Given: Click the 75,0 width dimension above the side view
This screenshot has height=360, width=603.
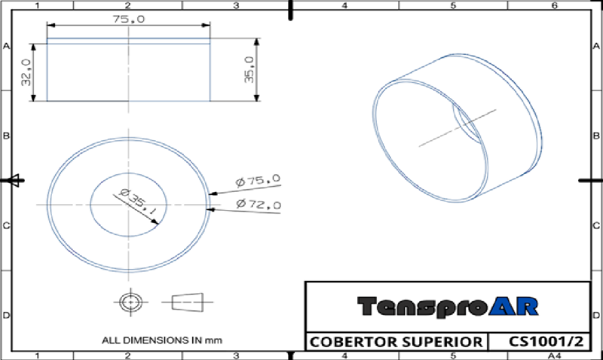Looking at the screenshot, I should (x=128, y=20).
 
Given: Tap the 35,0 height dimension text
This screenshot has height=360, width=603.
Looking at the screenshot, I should (x=249, y=70).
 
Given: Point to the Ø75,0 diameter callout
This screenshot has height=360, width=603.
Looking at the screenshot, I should (x=258, y=181).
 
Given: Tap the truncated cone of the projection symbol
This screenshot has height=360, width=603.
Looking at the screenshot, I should (x=188, y=301).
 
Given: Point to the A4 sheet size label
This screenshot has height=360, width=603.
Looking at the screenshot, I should (x=556, y=355).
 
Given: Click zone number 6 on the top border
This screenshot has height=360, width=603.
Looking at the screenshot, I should (x=555, y=5).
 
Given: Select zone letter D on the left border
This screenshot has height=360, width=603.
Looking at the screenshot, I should (x=6, y=316).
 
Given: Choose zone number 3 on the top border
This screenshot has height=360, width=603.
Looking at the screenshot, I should (x=236, y=5).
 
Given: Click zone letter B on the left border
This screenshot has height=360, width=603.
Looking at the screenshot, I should (x=6, y=136).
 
